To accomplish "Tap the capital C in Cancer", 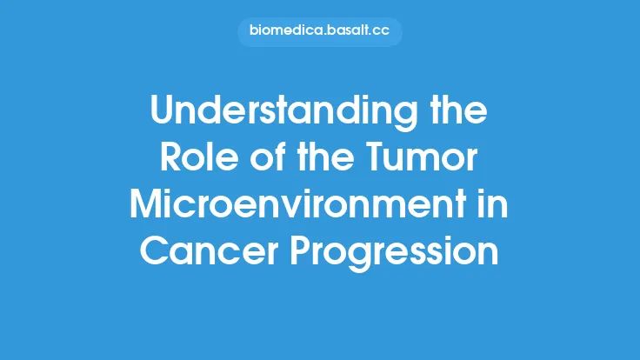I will (154, 252).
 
